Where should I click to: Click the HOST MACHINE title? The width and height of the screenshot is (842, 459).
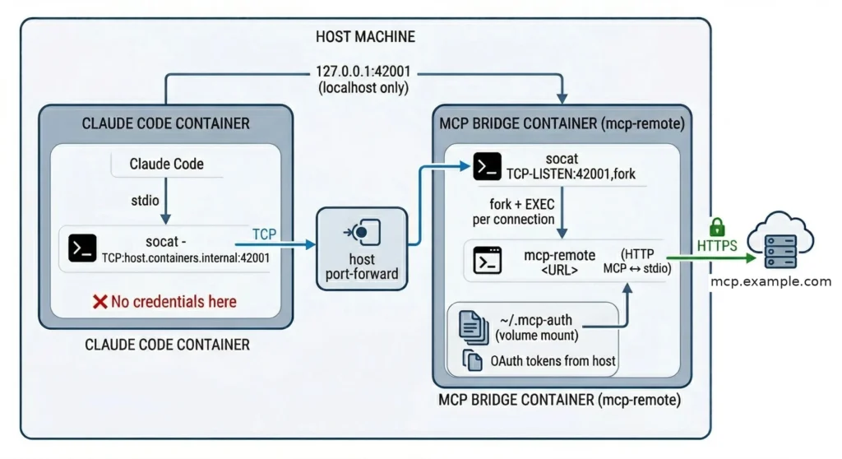coord(365,37)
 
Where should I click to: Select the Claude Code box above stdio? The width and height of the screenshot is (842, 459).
coord(166,164)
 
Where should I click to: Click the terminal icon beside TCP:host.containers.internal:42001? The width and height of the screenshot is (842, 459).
coord(82,248)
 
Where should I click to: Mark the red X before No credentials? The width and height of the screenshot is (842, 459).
coord(99,302)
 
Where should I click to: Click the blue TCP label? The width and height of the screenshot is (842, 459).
coord(264,234)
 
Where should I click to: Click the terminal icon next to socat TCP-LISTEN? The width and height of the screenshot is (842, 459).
coord(487,166)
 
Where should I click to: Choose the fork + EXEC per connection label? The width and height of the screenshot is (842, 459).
coord(516,212)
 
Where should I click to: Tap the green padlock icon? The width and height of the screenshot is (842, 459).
coord(717,226)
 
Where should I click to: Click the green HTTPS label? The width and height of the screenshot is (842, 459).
coord(717,245)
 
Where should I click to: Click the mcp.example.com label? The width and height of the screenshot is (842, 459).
coord(770,282)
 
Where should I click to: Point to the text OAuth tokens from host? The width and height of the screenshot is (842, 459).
coord(553,360)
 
